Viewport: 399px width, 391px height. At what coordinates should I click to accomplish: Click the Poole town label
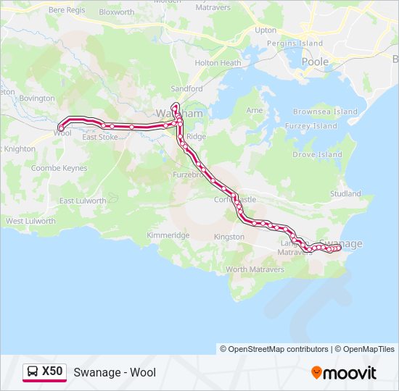point(315,62)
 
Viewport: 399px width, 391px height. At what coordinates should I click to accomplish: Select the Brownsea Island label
point(325,112)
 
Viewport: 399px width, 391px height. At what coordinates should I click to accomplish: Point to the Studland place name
point(345,194)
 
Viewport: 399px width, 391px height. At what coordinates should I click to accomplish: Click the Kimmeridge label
point(168,235)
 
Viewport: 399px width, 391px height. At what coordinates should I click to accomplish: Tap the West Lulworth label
point(30,221)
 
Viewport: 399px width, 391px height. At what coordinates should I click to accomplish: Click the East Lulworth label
point(83,201)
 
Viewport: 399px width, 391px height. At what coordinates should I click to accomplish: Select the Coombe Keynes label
point(59,168)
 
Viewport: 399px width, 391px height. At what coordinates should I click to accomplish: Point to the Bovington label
point(36,98)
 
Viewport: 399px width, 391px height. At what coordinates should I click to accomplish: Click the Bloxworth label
point(117,12)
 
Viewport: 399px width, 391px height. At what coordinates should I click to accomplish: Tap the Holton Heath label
point(218,63)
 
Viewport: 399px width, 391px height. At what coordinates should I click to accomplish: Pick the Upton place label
point(266,30)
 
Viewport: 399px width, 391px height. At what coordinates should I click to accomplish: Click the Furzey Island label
point(315,126)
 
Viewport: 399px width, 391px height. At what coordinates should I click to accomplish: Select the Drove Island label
point(316,155)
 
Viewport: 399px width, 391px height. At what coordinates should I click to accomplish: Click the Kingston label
point(229,237)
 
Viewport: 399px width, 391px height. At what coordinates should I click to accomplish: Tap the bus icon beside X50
point(33,372)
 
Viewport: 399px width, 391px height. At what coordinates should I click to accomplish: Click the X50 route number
point(52,372)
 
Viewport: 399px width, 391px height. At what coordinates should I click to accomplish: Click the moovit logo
point(344,373)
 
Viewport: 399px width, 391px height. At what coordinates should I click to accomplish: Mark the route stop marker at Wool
point(60,129)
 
